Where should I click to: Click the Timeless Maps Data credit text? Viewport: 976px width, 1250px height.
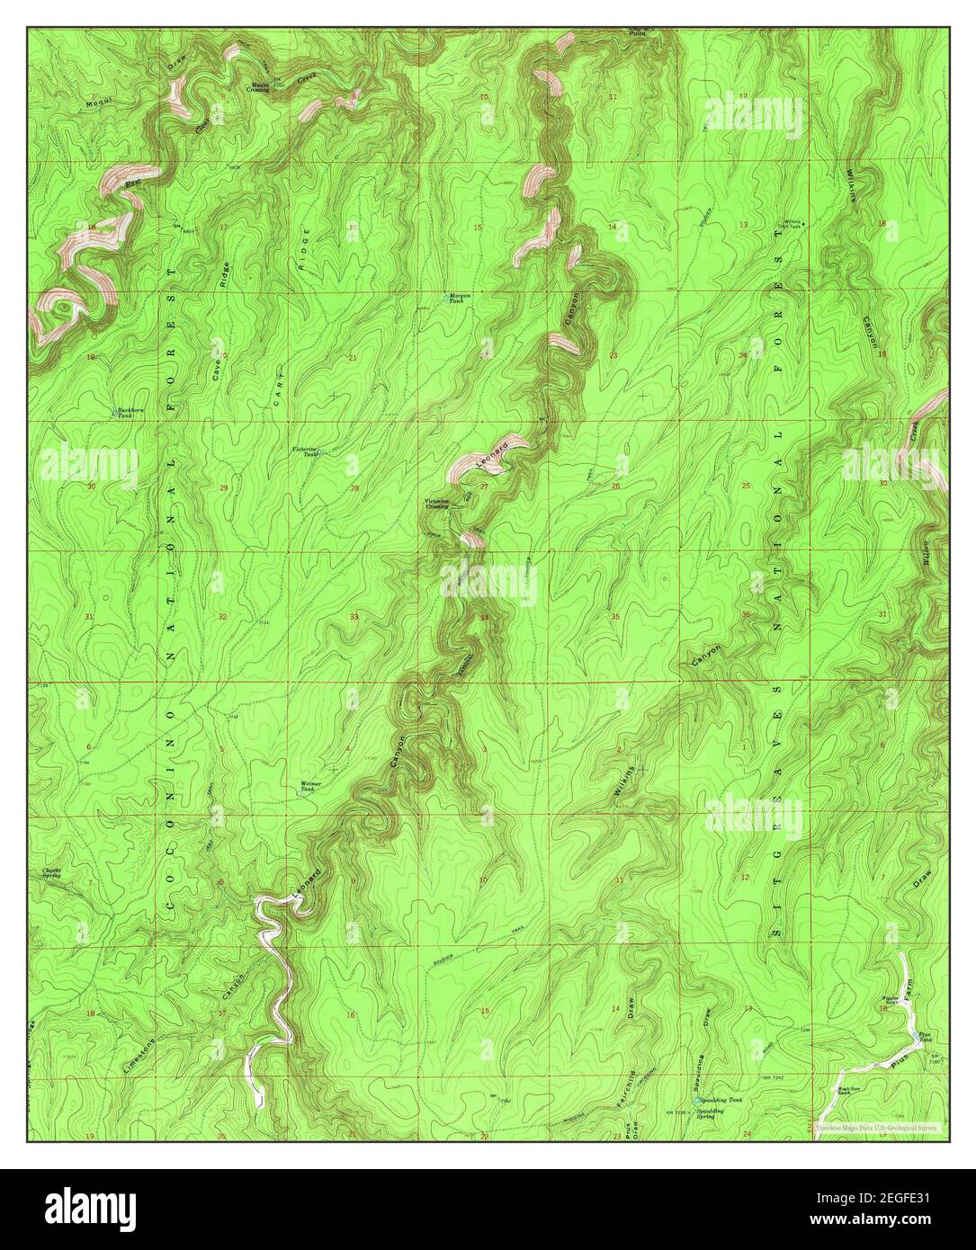[x=876, y=1125]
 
